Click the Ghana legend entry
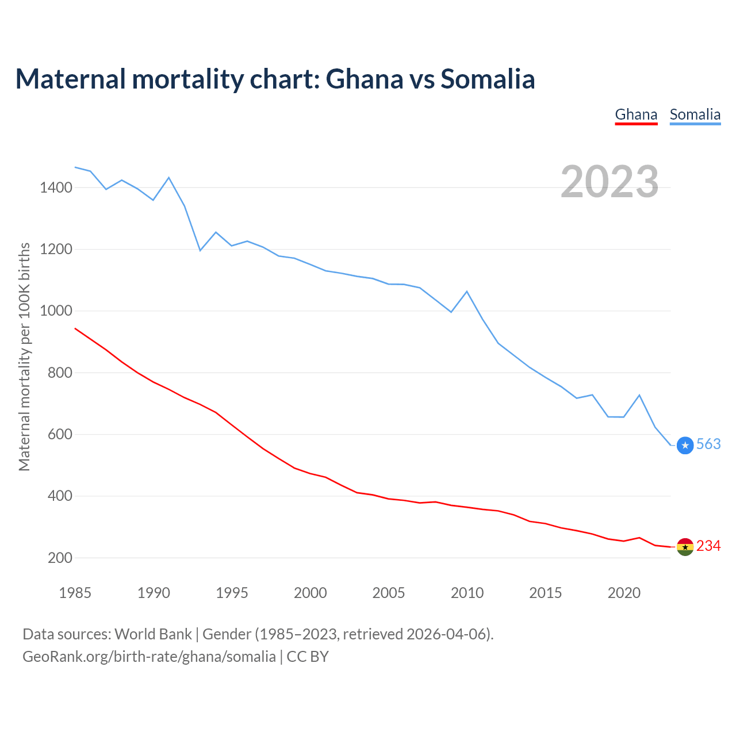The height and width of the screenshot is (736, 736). (x=636, y=114)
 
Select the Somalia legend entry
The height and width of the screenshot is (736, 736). (x=695, y=114)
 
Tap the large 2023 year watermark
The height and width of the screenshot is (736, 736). (x=609, y=182)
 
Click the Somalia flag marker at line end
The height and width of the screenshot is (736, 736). (x=685, y=445)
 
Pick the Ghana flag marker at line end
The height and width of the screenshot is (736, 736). (x=685, y=547)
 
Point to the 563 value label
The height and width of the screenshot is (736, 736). (x=708, y=444)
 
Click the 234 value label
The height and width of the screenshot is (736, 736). (x=708, y=546)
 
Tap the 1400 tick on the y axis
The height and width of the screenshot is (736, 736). (x=56, y=187)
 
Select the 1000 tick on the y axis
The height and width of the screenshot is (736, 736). (x=56, y=311)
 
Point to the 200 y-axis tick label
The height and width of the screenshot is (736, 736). (x=60, y=558)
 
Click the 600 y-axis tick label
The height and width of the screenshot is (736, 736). (x=60, y=434)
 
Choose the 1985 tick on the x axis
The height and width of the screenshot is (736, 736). (x=75, y=593)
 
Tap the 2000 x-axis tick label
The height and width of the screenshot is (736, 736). (x=310, y=593)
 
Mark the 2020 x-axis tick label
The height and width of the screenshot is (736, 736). (x=624, y=593)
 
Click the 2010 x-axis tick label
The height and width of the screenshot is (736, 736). (x=467, y=593)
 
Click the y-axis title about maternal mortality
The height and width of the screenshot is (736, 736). (x=24, y=356)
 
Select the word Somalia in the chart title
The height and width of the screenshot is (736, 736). (x=488, y=79)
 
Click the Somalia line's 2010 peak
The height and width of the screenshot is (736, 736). (x=467, y=292)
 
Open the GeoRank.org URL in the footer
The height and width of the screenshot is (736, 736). (x=149, y=657)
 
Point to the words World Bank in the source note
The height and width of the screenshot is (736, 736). (x=153, y=634)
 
